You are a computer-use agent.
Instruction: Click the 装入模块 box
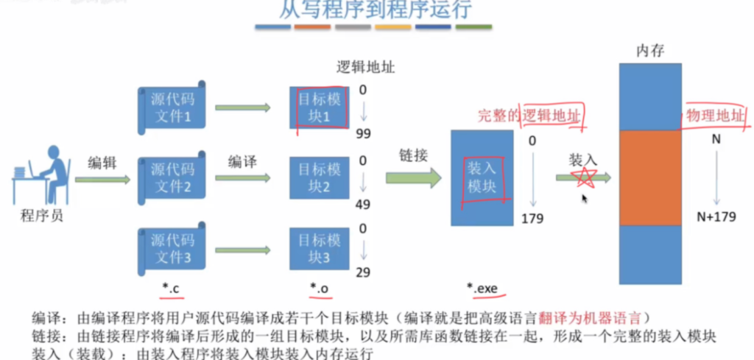point(482,177)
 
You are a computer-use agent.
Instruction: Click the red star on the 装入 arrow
point(586,177)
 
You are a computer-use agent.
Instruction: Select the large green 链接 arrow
point(413,177)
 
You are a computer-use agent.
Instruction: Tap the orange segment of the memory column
point(650,177)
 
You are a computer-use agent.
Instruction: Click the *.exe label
point(483,289)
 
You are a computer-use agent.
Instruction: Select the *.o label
point(319,289)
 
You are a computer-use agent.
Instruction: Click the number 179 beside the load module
point(532,218)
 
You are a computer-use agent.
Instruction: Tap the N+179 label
point(716,218)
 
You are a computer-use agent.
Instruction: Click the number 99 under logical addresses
point(362,133)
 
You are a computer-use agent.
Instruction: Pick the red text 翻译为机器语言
point(593,318)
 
